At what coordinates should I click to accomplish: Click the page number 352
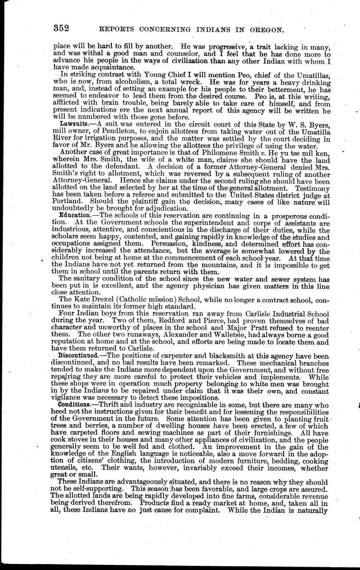pos(61,28)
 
